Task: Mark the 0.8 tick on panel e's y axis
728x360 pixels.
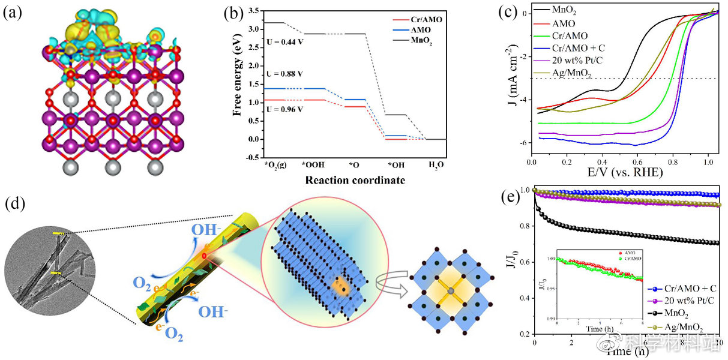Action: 524,226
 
